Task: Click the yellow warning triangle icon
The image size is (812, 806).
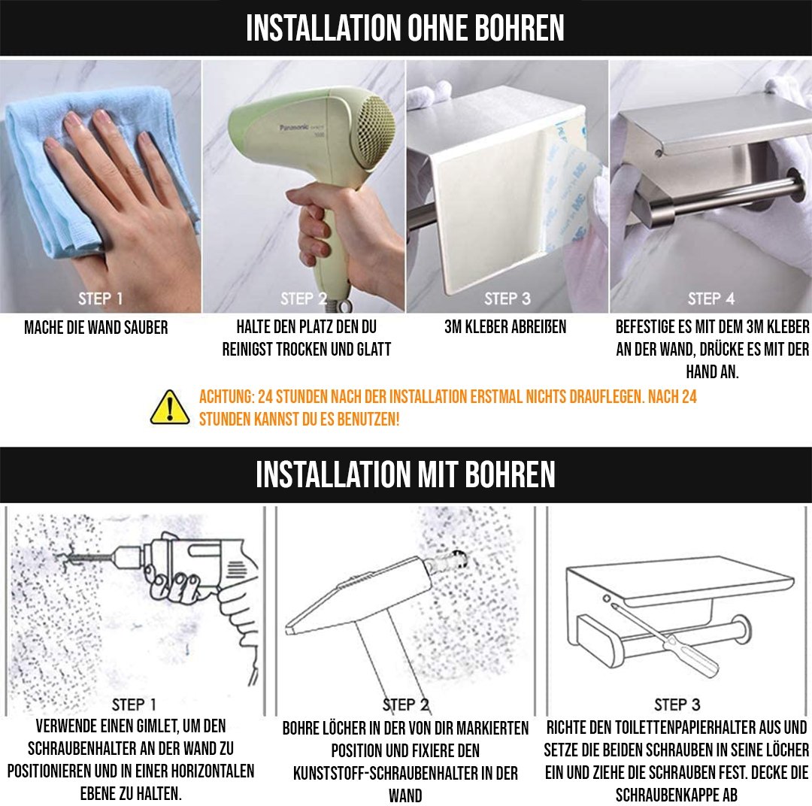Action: pos(169,408)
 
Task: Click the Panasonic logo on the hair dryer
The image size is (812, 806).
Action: pos(295,127)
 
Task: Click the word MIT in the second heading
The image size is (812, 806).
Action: pos(438,474)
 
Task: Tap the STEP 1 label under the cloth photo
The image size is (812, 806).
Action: pos(100,299)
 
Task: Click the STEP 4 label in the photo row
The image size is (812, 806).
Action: pos(711,299)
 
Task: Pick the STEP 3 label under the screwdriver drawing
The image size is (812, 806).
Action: pos(677,704)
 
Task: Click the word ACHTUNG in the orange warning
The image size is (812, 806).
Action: pos(227,397)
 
